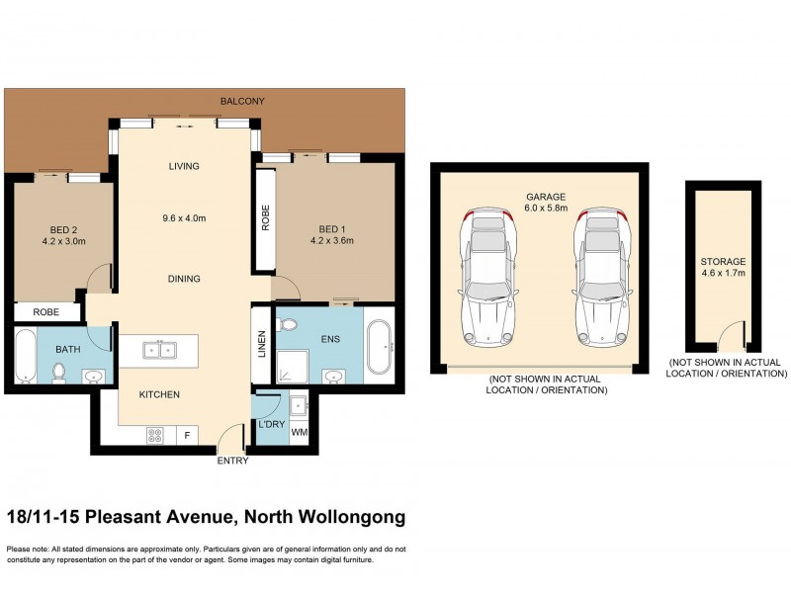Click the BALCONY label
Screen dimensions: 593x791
(x=244, y=102)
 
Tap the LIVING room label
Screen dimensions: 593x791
(x=183, y=166)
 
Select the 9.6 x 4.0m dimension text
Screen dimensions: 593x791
(x=184, y=218)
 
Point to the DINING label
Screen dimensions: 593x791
(x=183, y=279)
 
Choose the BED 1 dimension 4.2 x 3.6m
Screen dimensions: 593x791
(x=332, y=240)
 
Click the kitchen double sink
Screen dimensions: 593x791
(x=159, y=349)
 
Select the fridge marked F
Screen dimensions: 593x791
(x=187, y=434)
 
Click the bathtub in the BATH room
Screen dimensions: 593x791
(x=25, y=357)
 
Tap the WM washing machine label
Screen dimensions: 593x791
(x=298, y=433)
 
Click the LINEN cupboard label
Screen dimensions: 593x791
(x=262, y=343)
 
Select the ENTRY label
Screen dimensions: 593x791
(x=233, y=462)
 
